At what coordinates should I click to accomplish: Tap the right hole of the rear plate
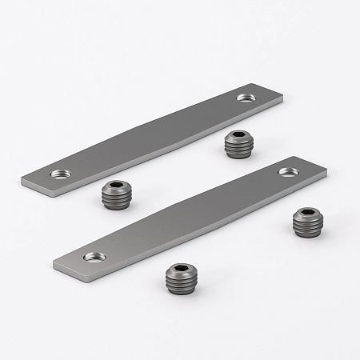coord(245,98)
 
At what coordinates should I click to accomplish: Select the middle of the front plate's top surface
coord(192,214)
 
